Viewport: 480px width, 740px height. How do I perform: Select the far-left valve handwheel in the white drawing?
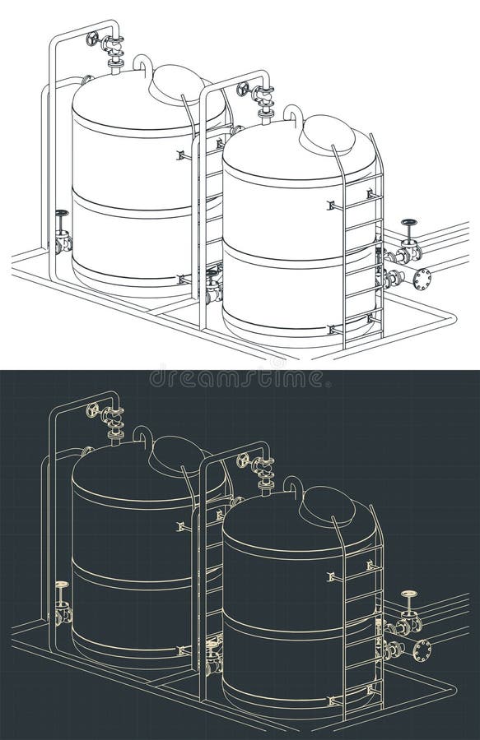click(61, 214)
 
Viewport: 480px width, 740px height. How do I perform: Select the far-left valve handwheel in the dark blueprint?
click(61, 584)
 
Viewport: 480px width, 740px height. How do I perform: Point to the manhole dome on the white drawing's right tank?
click(328, 134)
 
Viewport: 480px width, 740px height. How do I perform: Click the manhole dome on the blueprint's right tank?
click(328, 504)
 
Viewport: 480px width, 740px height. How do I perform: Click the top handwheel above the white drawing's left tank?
click(93, 39)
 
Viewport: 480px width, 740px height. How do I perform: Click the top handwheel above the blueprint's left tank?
click(93, 409)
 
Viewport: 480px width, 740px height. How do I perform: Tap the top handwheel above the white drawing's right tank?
click(243, 89)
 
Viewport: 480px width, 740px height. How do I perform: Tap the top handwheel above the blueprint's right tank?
click(243, 459)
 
